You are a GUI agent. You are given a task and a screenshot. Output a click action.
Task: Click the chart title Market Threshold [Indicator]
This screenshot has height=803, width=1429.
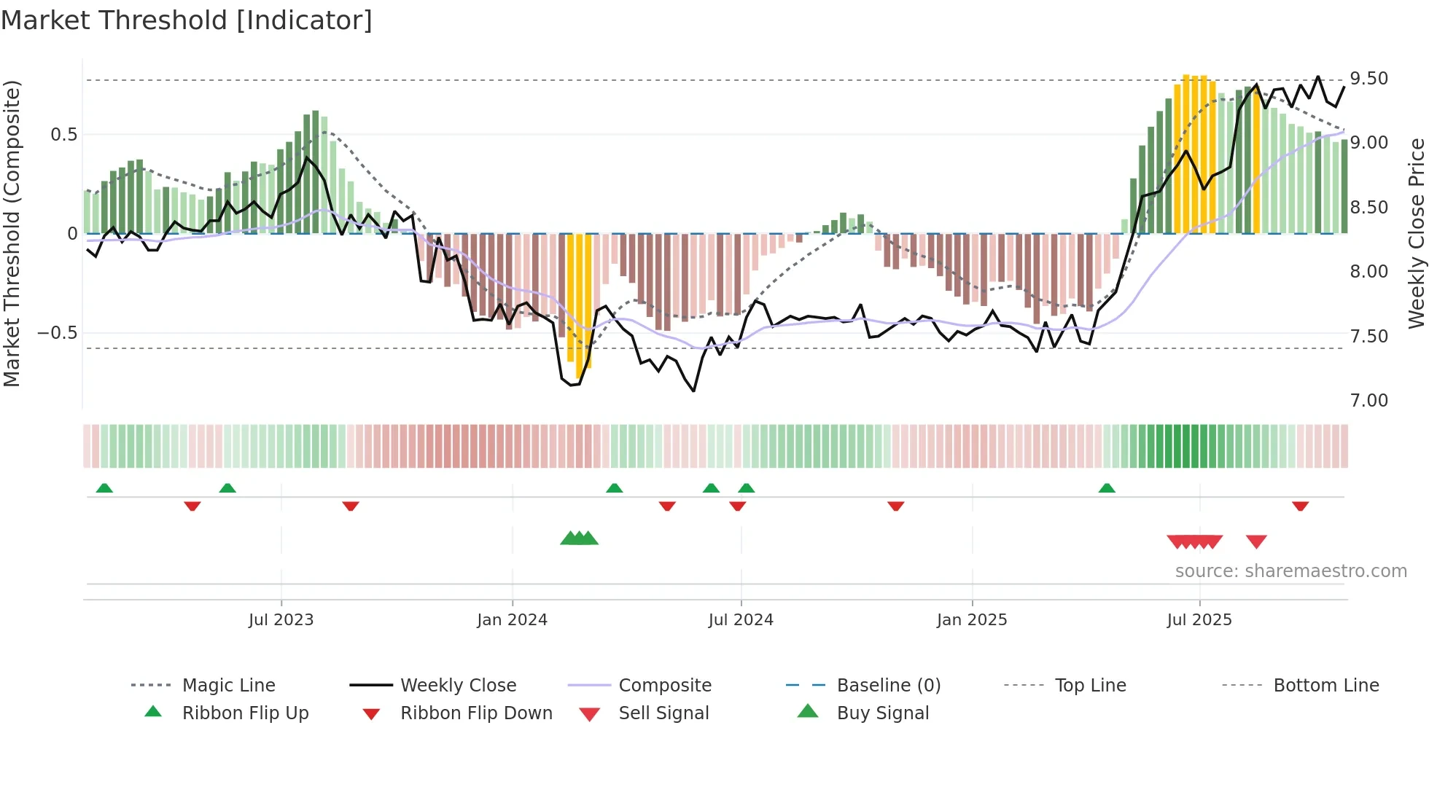pyautogui.click(x=187, y=20)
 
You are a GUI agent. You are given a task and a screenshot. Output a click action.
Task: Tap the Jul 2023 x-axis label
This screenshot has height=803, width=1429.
pyautogui.click(x=281, y=620)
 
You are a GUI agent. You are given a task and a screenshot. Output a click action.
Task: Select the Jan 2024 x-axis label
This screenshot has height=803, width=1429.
pyautogui.click(x=512, y=620)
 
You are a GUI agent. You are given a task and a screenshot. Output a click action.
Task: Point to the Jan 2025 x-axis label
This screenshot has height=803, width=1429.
pyautogui.click(x=971, y=620)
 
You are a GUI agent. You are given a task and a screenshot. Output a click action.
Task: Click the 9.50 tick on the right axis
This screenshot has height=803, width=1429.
pyautogui.click(x=1368, y=79)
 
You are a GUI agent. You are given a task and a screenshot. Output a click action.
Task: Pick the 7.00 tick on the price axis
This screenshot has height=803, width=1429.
pyautogui.click(x=1368, y=401)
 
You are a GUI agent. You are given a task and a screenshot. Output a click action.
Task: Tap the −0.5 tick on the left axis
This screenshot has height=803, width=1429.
pyautogui.click(x=57, y=333)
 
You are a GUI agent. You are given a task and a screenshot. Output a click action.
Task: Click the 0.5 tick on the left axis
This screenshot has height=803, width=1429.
pyautogui.click(x=63, y=135)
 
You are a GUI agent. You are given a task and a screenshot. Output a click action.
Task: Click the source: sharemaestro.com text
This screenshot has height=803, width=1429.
pyautogui.click(x=1290, y=571)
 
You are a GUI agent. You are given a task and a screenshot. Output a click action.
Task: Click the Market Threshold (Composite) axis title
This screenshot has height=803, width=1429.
pyautogui.click(x=12, y=233)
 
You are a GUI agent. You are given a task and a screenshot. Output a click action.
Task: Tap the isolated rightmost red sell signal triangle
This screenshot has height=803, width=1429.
pyautogui.click(x=1256, y=541)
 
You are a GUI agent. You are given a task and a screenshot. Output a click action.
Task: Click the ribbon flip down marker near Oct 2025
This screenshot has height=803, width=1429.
pyautogui.click(x=1300, y=506)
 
